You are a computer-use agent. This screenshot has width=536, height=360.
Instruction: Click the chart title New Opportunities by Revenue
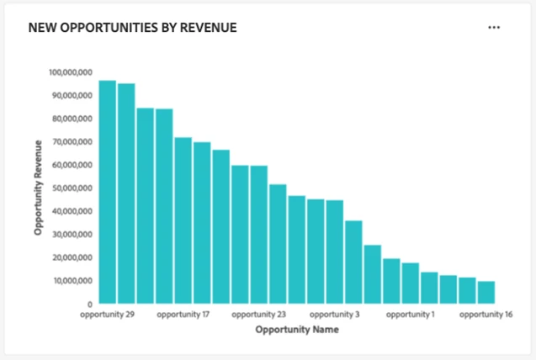[x=132, y=28]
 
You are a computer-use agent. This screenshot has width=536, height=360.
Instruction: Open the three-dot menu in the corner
[x=494, y=28]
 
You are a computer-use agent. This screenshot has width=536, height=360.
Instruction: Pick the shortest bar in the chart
[x=486, y=292]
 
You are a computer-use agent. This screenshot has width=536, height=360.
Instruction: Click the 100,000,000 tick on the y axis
[x=71, y=73]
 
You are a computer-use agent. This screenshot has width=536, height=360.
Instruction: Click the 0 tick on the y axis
[x=89, y=304]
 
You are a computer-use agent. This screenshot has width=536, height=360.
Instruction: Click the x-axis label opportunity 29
[x=108, y=315]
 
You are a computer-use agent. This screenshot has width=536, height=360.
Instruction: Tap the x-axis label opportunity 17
[x=183, y=315]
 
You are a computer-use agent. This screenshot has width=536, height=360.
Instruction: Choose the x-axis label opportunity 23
[x=258, y=315]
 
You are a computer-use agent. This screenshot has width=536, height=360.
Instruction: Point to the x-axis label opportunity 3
[x=334, y=315]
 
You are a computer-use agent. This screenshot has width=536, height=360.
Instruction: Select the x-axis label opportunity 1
[x=410, y=315]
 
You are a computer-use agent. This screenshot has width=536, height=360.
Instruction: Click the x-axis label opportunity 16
[x=486, y=315]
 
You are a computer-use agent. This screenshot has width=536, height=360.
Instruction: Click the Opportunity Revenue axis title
[x=39, y=188]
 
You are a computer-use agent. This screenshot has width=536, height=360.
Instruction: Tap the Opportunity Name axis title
[x=296, y=331]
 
